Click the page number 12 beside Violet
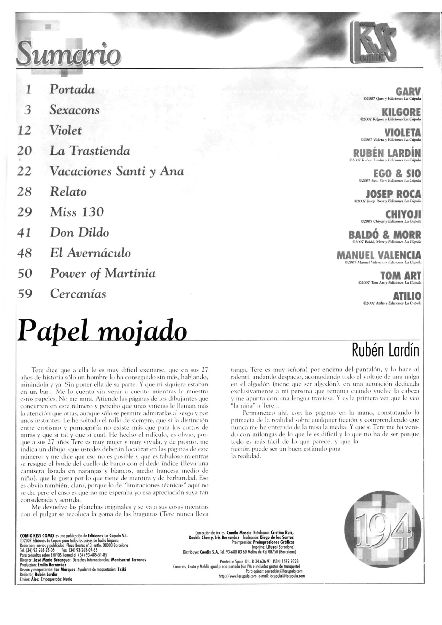click(x=24, y=131)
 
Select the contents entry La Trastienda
click(x=90, y=151)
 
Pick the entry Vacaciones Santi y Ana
click(x=117, y=171)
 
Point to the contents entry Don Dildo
click(x=79, y=232)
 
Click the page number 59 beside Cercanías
click(x=25, y=294)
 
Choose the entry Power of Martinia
click(x=103, y=273)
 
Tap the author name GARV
click(x=408, y=92)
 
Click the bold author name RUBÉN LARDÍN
click(x=387, y=153)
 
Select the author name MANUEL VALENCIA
click(x=379, y=255)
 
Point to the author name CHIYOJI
click(x=403, y=214)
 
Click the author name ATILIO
click(x=407, y=296)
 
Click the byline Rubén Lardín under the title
click(x=385, y=350)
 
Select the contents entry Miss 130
click(x=77, y=212)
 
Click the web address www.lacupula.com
click(x=238, y=576)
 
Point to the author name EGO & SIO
click(x=397, y=173)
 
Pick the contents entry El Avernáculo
click(x=90, y=253)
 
